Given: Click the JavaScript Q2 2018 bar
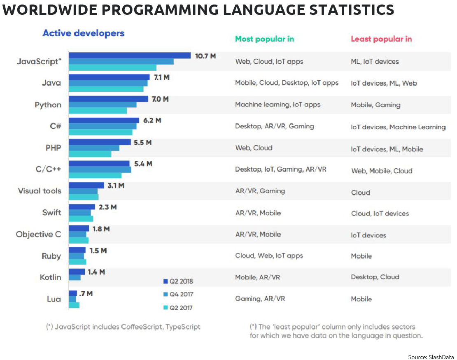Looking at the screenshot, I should pyautogui.click(x=129, y=56).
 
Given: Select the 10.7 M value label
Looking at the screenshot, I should pyautogui.click(x=205, y=56).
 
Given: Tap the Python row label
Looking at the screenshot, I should pyautogui.click(x=48, y=105).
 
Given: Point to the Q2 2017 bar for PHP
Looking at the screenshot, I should pyautogui.click(x=90, y=154).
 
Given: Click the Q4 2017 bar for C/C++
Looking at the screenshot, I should pyautogui.click(x=100, y=170).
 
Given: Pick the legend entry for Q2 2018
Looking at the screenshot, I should pyautogui.click(x=178, y=281).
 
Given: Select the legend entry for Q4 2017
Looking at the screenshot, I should pyautogui.click(x=178, y=294).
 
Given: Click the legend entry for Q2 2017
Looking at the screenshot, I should pyautogui.click(x=178, y=307).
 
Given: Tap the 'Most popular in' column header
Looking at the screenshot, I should pyautogui.click(x=264, y=39).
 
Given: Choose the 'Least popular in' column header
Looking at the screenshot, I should pyautogui.click(x=381, y=39).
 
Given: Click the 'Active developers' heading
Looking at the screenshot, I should pyautogui.click(x=83, y=33).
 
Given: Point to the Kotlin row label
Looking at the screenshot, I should pyautogui.click(x=50, y=277).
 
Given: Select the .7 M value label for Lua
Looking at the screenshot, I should pyautogui.click(x=86, y=293).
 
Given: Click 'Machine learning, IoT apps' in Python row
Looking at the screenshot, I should pyautogui.click(x=277, y=105).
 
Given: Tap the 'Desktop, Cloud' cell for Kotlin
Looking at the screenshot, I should pyautogui.click(x=375, y=277).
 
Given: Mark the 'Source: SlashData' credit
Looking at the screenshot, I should pyautogui.click(x=430, y=356).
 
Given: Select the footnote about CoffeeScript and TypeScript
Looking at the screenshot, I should pyautogui.click(x=123, y=327).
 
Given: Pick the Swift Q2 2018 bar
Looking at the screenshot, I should pyautogui.click(x=82, y=207).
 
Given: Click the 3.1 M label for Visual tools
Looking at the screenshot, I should pyautogui.click(x=116, y=186).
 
